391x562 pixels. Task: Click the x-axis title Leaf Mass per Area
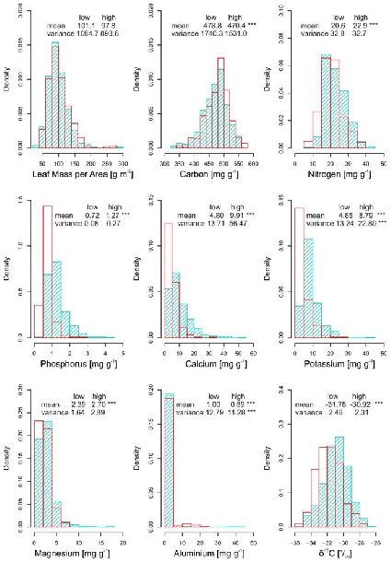pos(83,173)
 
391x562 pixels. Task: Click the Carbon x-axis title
pos(213,173)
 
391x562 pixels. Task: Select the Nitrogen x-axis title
pos(340,173)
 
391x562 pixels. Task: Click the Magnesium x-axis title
pos(83,552)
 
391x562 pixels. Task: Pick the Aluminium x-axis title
pos(213,552)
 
